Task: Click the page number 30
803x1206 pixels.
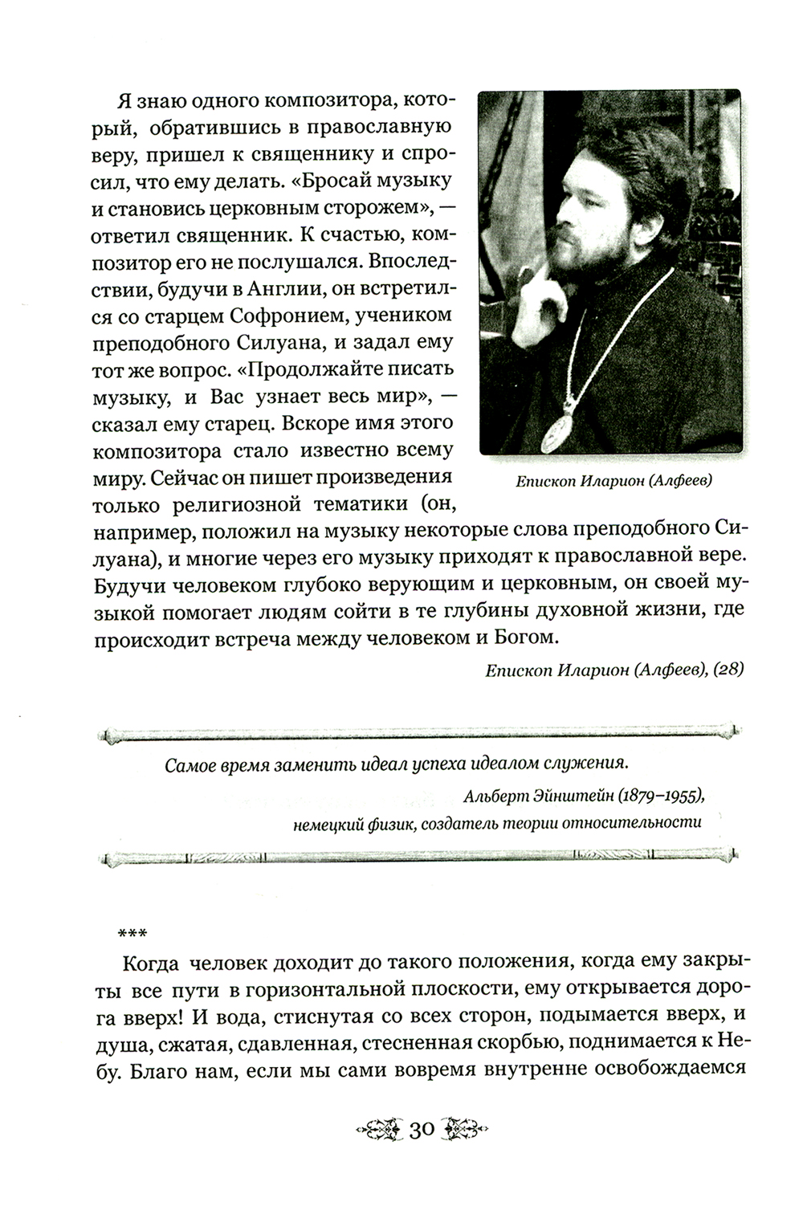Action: point(422,1130)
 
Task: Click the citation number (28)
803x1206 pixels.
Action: point(727,669)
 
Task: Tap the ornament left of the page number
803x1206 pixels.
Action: point(378,1130)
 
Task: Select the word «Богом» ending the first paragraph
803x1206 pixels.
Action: point(527,638)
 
